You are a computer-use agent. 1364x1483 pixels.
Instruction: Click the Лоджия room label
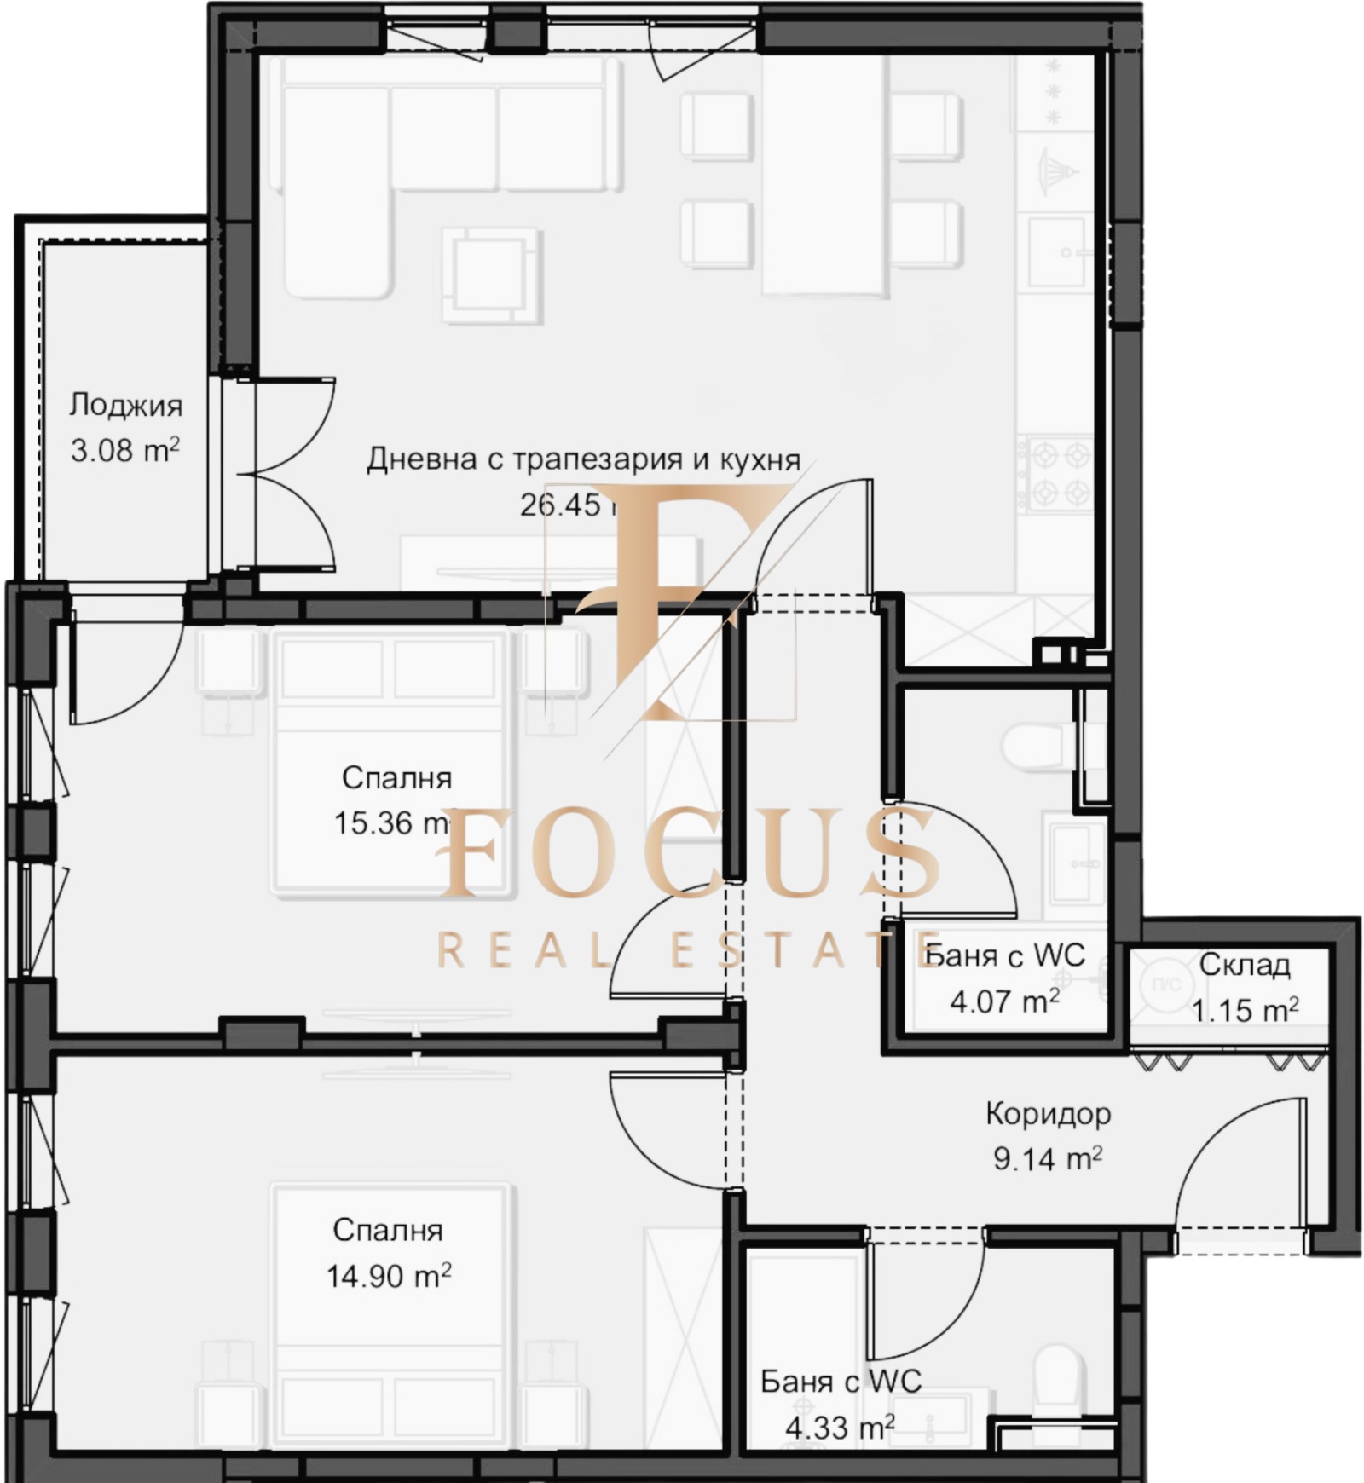coord(125,405)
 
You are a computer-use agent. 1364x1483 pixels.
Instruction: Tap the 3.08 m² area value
coord(125,450)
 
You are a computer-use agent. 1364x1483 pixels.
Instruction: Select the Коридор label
coord(1048,1113)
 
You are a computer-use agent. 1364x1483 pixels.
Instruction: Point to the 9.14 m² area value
coord(1048,1158)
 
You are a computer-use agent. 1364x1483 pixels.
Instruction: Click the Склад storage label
coord(1244,965)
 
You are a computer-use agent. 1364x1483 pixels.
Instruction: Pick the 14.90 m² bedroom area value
coord(388,1276)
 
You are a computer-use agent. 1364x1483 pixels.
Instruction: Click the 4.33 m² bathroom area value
coord(839,1427)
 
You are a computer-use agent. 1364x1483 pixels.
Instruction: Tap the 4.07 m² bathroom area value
coord(1004,1001)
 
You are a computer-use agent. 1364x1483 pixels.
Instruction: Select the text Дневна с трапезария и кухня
coord(583,459)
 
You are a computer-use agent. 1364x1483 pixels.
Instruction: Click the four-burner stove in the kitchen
coord(1058,474)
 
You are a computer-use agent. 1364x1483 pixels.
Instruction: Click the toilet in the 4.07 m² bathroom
coord(1036,747)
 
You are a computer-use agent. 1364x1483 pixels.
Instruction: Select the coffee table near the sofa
coord(490,274)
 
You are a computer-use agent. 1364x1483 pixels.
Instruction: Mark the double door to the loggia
coord(290,475)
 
